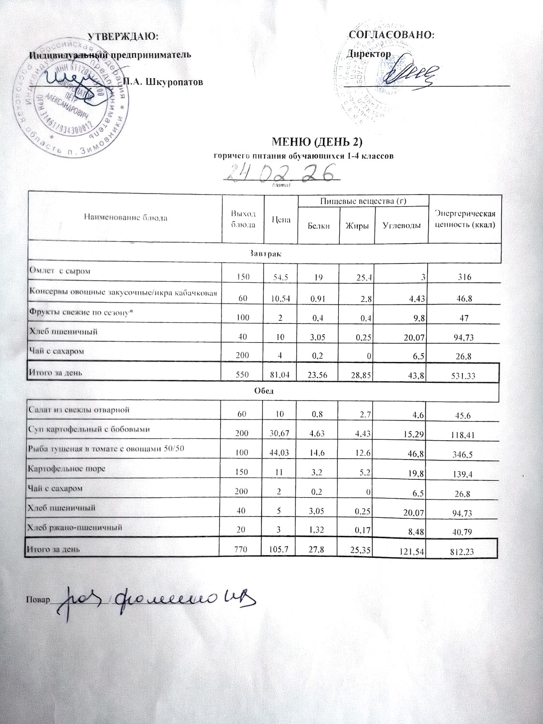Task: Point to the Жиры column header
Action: (357, 225)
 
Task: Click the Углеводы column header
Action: (401, 225)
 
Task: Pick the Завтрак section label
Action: (263, 253)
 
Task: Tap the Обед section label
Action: (263, 391)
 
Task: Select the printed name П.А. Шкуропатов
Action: (164, 82)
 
